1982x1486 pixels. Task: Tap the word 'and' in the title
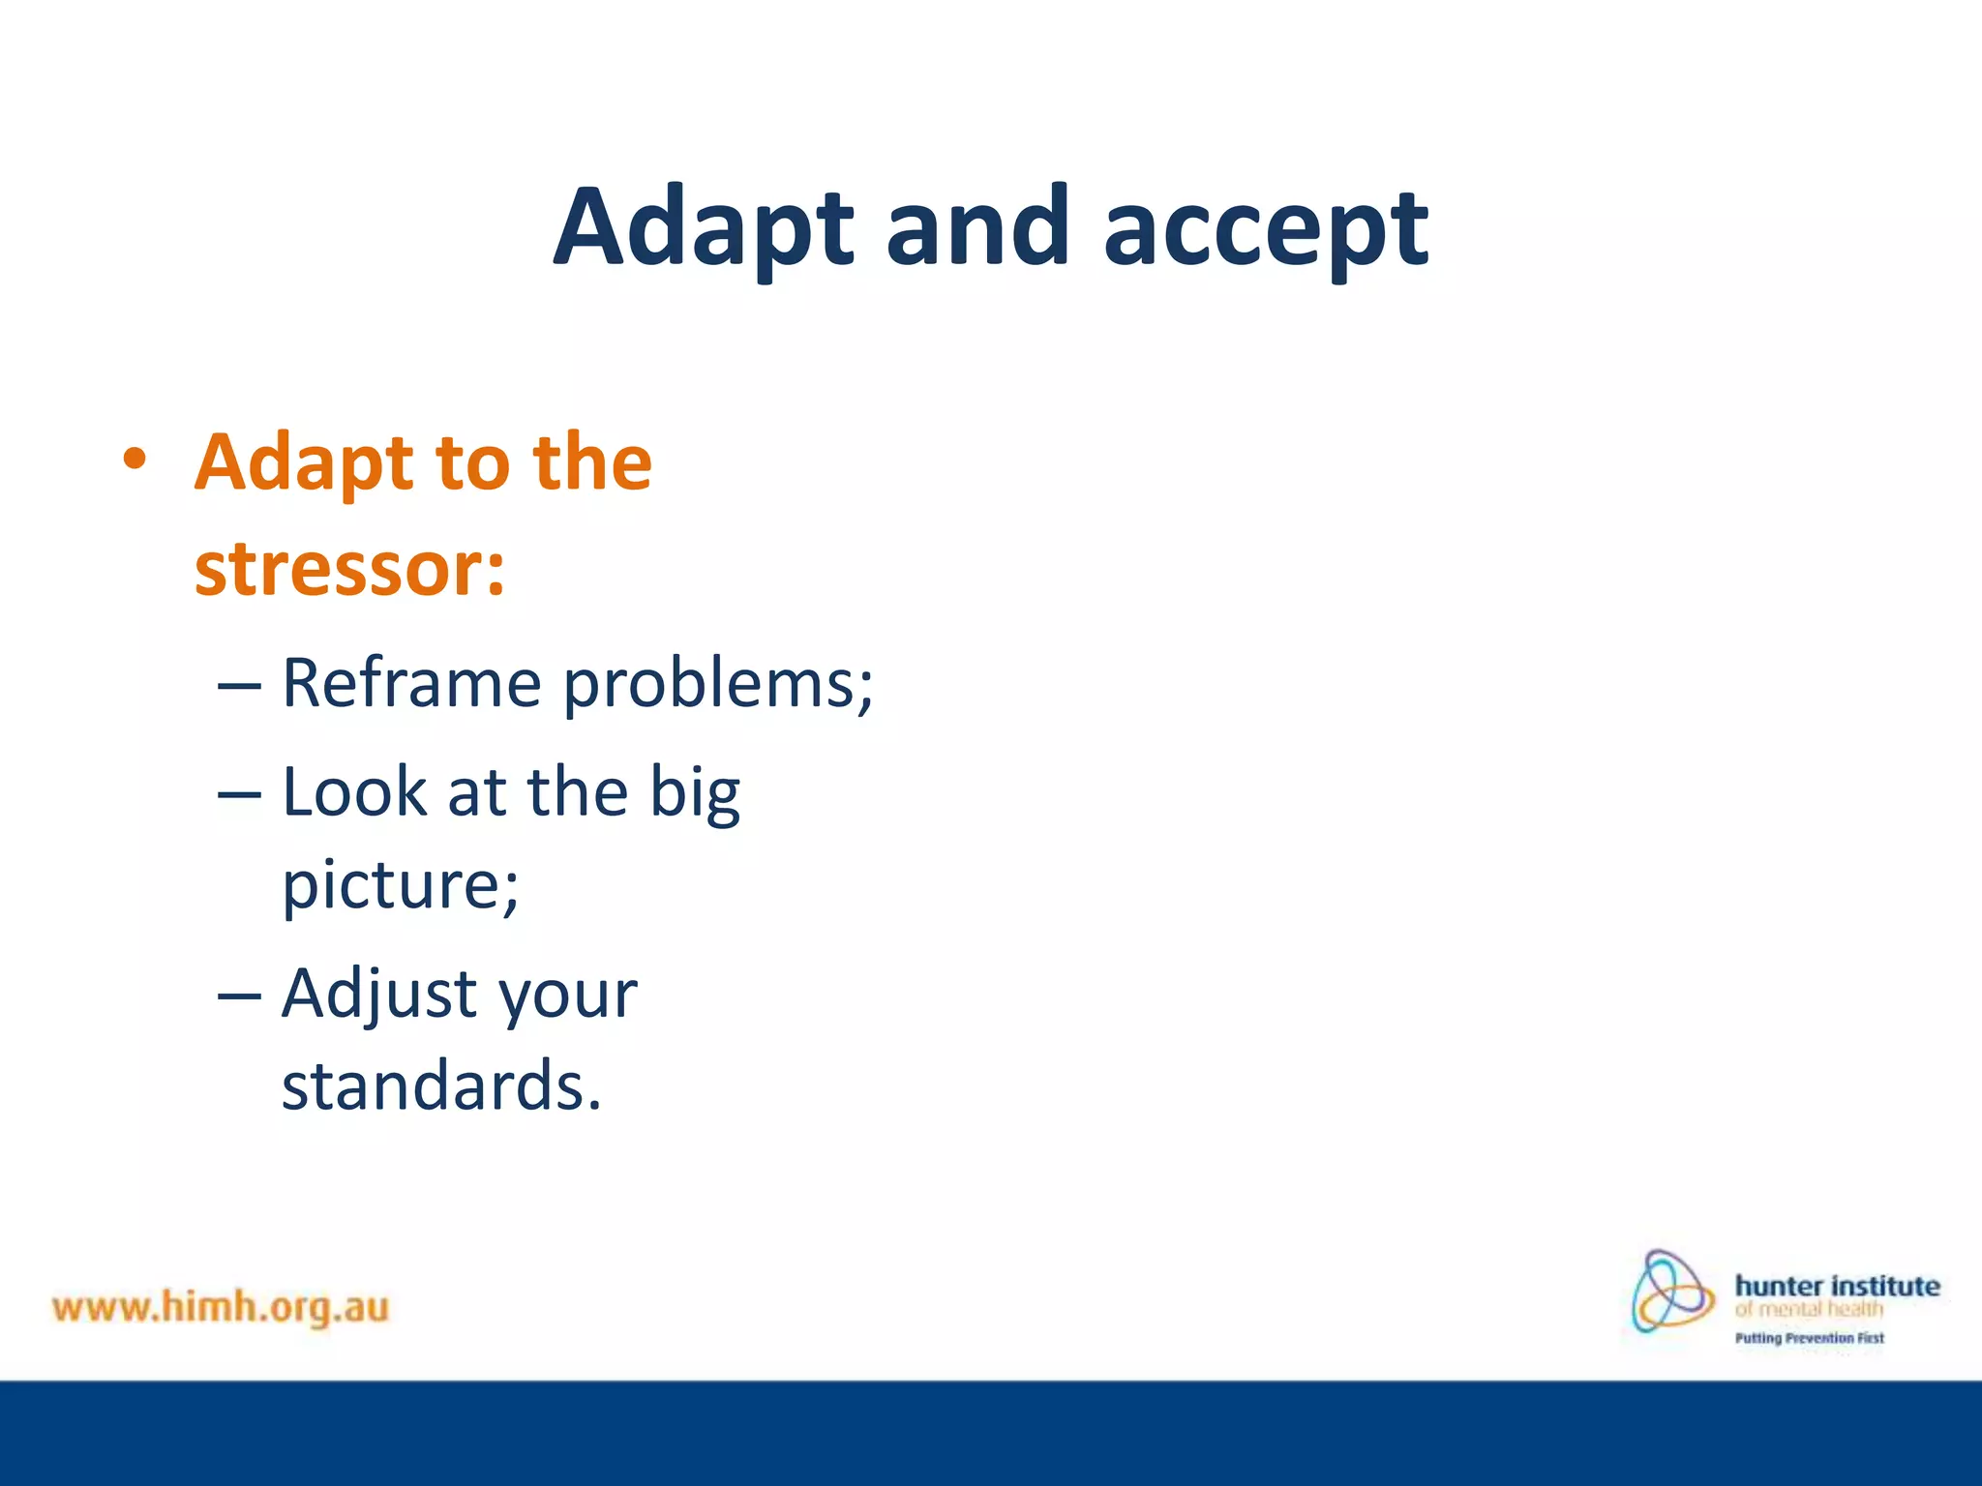(x=977, y=226)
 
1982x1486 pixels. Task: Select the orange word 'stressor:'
(x=349, y=568)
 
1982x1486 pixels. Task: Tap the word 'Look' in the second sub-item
(x=354, y=791)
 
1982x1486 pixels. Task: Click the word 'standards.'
(x=441, y=1085)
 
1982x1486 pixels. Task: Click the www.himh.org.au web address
(x=221, y=1307)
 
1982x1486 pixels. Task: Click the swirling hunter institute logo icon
(x=1671, y=1293)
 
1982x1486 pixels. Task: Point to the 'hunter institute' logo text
(x=1837, y=1286)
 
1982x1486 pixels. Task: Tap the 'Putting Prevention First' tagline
(x=1809, y=1338)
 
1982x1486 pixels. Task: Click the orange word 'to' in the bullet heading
(x=471, y=462)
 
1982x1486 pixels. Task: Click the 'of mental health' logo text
(x=1809, y=1310)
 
